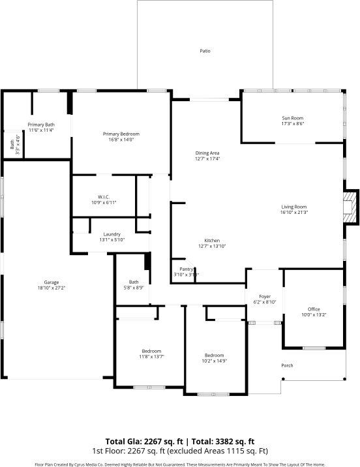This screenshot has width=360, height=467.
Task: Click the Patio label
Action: [205, 51]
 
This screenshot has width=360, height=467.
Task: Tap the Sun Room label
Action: [293, 117]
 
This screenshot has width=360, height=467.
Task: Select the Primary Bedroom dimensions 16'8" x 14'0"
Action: [121, 139]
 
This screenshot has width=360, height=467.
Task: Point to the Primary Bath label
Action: [40, 125]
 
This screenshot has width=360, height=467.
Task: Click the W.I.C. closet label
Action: [103, 196]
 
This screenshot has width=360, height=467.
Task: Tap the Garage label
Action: [52, 282]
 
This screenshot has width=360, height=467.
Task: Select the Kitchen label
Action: [211, 241]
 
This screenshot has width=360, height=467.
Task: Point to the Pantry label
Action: [186, 269]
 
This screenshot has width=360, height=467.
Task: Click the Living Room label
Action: [293, 207]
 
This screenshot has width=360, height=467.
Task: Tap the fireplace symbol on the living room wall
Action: [352, 207]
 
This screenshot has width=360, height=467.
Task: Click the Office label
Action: [314, 309]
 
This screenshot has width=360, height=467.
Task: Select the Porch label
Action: [287, 365]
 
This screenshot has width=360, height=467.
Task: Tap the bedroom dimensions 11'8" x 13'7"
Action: [151, 356]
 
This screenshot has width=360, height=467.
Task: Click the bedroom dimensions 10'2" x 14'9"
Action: [215, 360]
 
